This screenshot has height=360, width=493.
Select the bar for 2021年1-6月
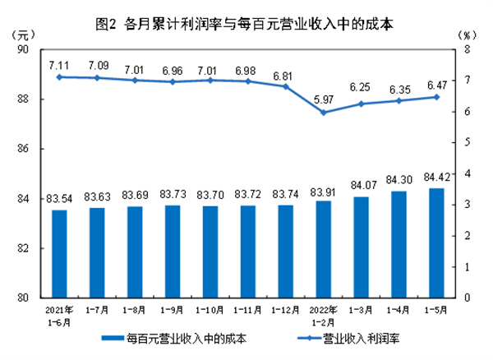59,254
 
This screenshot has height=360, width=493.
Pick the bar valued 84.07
360,247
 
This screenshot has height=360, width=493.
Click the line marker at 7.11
59,76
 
